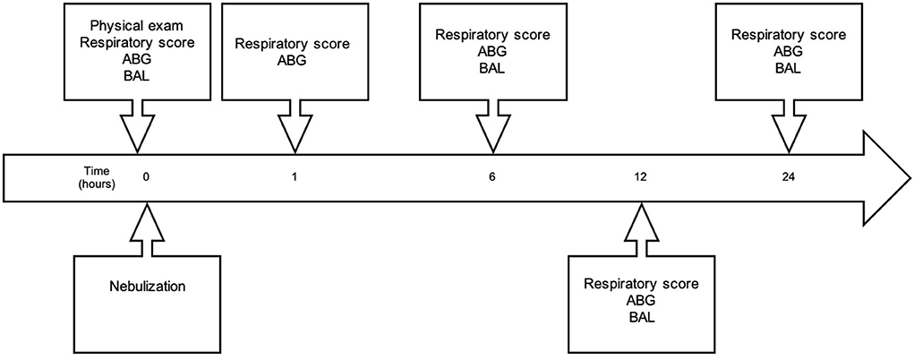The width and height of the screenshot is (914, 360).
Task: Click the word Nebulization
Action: pyautogui.click(x=148, y=287)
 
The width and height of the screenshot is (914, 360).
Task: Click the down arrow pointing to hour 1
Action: pyautogui.click(x=295, y=126)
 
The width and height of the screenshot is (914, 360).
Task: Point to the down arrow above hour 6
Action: pyautogui.click(x=493, y=126)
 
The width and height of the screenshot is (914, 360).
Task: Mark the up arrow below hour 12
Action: pyautogui.click(x=641, y=228)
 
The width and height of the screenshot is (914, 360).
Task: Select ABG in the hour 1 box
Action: pyautogui.click(x=295, y=58)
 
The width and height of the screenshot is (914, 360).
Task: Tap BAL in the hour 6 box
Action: pyautogui.click(x=493, y=70)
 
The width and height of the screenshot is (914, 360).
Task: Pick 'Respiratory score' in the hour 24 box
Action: pyautogui.click(x=788, y=34)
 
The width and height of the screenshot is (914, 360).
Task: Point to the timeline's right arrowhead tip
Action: pyautogui.click(x=911, y=178)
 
